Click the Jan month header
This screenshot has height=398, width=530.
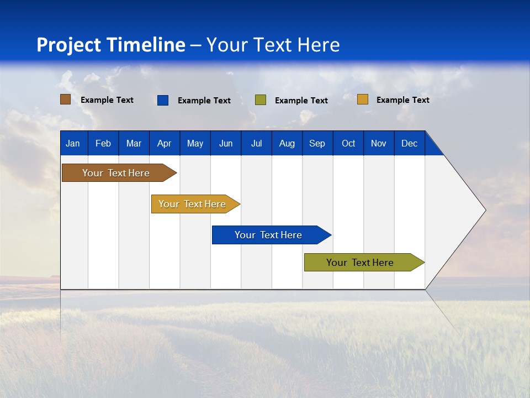click(73, 143)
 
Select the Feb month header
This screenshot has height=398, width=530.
click(103, 143)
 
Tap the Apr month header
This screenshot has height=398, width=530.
click(165, 143)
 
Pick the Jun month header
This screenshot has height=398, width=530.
click(226, 143)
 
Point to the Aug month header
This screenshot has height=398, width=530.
click(287, 143)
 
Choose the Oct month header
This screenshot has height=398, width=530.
click(348, 143)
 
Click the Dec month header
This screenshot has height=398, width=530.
click(410, 143)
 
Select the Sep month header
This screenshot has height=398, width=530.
click(317, 143)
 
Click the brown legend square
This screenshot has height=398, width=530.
click(66, 99)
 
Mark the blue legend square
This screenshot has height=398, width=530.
click(163, 100)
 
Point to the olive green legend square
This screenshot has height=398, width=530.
click(261, 100)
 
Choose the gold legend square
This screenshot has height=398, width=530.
click(363, 99)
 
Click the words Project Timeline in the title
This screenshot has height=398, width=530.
click(111, 45)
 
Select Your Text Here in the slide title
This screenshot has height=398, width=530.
click(273, 45)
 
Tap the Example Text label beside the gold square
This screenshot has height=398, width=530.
click(402, 100)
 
